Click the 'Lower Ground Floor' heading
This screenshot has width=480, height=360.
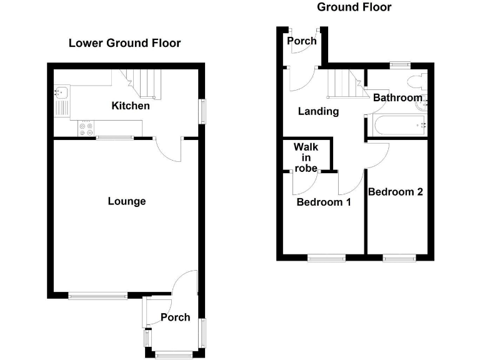point(124,43)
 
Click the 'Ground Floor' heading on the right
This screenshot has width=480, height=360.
point(354,7)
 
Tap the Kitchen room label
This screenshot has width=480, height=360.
point(131,106)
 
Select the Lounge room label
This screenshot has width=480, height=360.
point(127,201)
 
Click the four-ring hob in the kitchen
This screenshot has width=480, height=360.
point(86,128)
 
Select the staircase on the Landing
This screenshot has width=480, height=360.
point(346,84)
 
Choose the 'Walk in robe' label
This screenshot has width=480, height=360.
point(306,157)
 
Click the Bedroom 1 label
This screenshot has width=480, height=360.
point(324,202)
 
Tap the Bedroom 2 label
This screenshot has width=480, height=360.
point(396,192)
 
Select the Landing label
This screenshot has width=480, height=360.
point(318,112)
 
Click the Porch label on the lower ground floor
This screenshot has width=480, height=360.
point(175,317)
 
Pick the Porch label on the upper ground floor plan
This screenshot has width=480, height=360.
point(302,41)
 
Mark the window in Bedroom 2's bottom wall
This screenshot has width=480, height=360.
point(399,256)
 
